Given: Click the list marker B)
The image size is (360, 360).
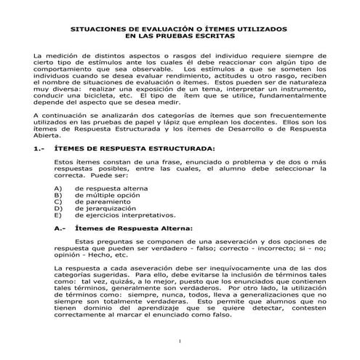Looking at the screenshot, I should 58,195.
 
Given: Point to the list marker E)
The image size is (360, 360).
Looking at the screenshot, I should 58,215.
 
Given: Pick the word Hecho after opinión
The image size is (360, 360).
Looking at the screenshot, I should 95,256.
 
